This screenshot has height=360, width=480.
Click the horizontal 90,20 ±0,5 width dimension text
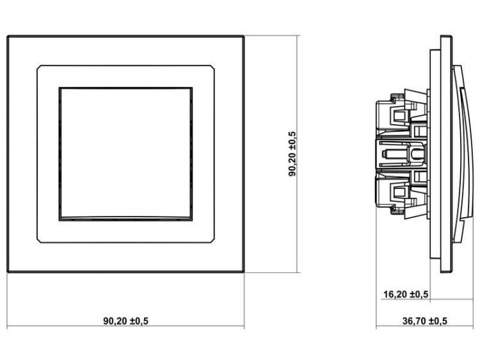coord(125,320)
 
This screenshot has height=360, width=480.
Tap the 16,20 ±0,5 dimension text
coord(406,295)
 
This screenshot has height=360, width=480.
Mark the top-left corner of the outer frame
coord(8,37)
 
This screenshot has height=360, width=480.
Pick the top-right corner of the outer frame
coord(244,37)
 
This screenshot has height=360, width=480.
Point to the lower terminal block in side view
coord(397,192)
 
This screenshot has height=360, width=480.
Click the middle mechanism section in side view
coord(400,154)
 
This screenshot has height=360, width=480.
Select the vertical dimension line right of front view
coord(299,154)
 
